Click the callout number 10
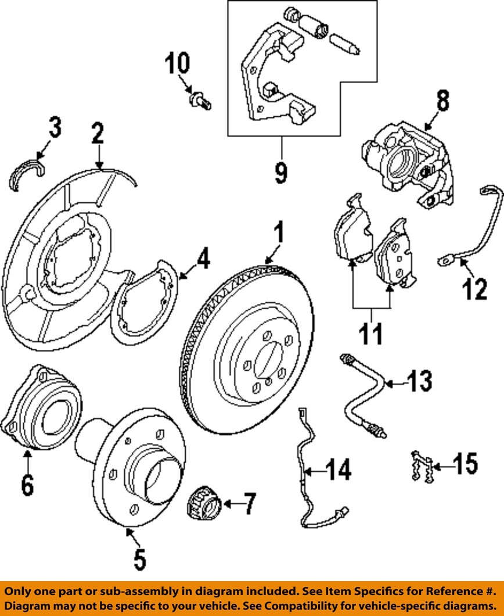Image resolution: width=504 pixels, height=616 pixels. point(178,63)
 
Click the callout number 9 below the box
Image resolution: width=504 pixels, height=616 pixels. point(281,173)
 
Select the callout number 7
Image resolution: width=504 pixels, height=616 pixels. point(248,504)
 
